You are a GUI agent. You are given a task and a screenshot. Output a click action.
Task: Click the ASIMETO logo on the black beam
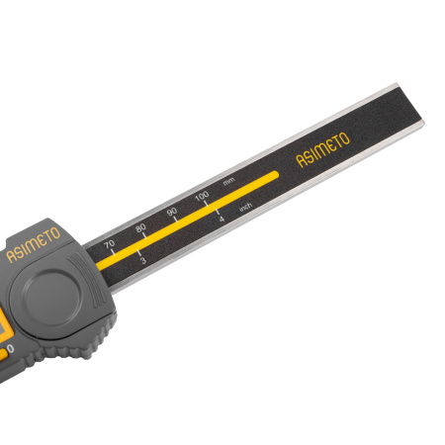pos(322,149)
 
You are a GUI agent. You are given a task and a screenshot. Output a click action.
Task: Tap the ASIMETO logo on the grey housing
pos(34,244)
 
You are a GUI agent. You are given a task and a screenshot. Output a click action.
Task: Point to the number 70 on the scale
pos(109,244)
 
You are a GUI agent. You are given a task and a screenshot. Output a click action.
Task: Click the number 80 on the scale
pos(140,227)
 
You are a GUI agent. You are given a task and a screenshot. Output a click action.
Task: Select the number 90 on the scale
pos(172,212)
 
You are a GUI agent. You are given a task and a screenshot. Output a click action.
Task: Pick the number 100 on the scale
pos(202,196)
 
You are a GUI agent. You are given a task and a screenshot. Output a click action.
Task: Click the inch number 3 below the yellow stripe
pos(142,260)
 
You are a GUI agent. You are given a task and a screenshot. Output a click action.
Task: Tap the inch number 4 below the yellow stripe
pos(222,219)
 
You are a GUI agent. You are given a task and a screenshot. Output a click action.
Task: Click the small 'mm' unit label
pos(229,181)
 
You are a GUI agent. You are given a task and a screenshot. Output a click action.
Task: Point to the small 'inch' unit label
pos(245,207)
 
